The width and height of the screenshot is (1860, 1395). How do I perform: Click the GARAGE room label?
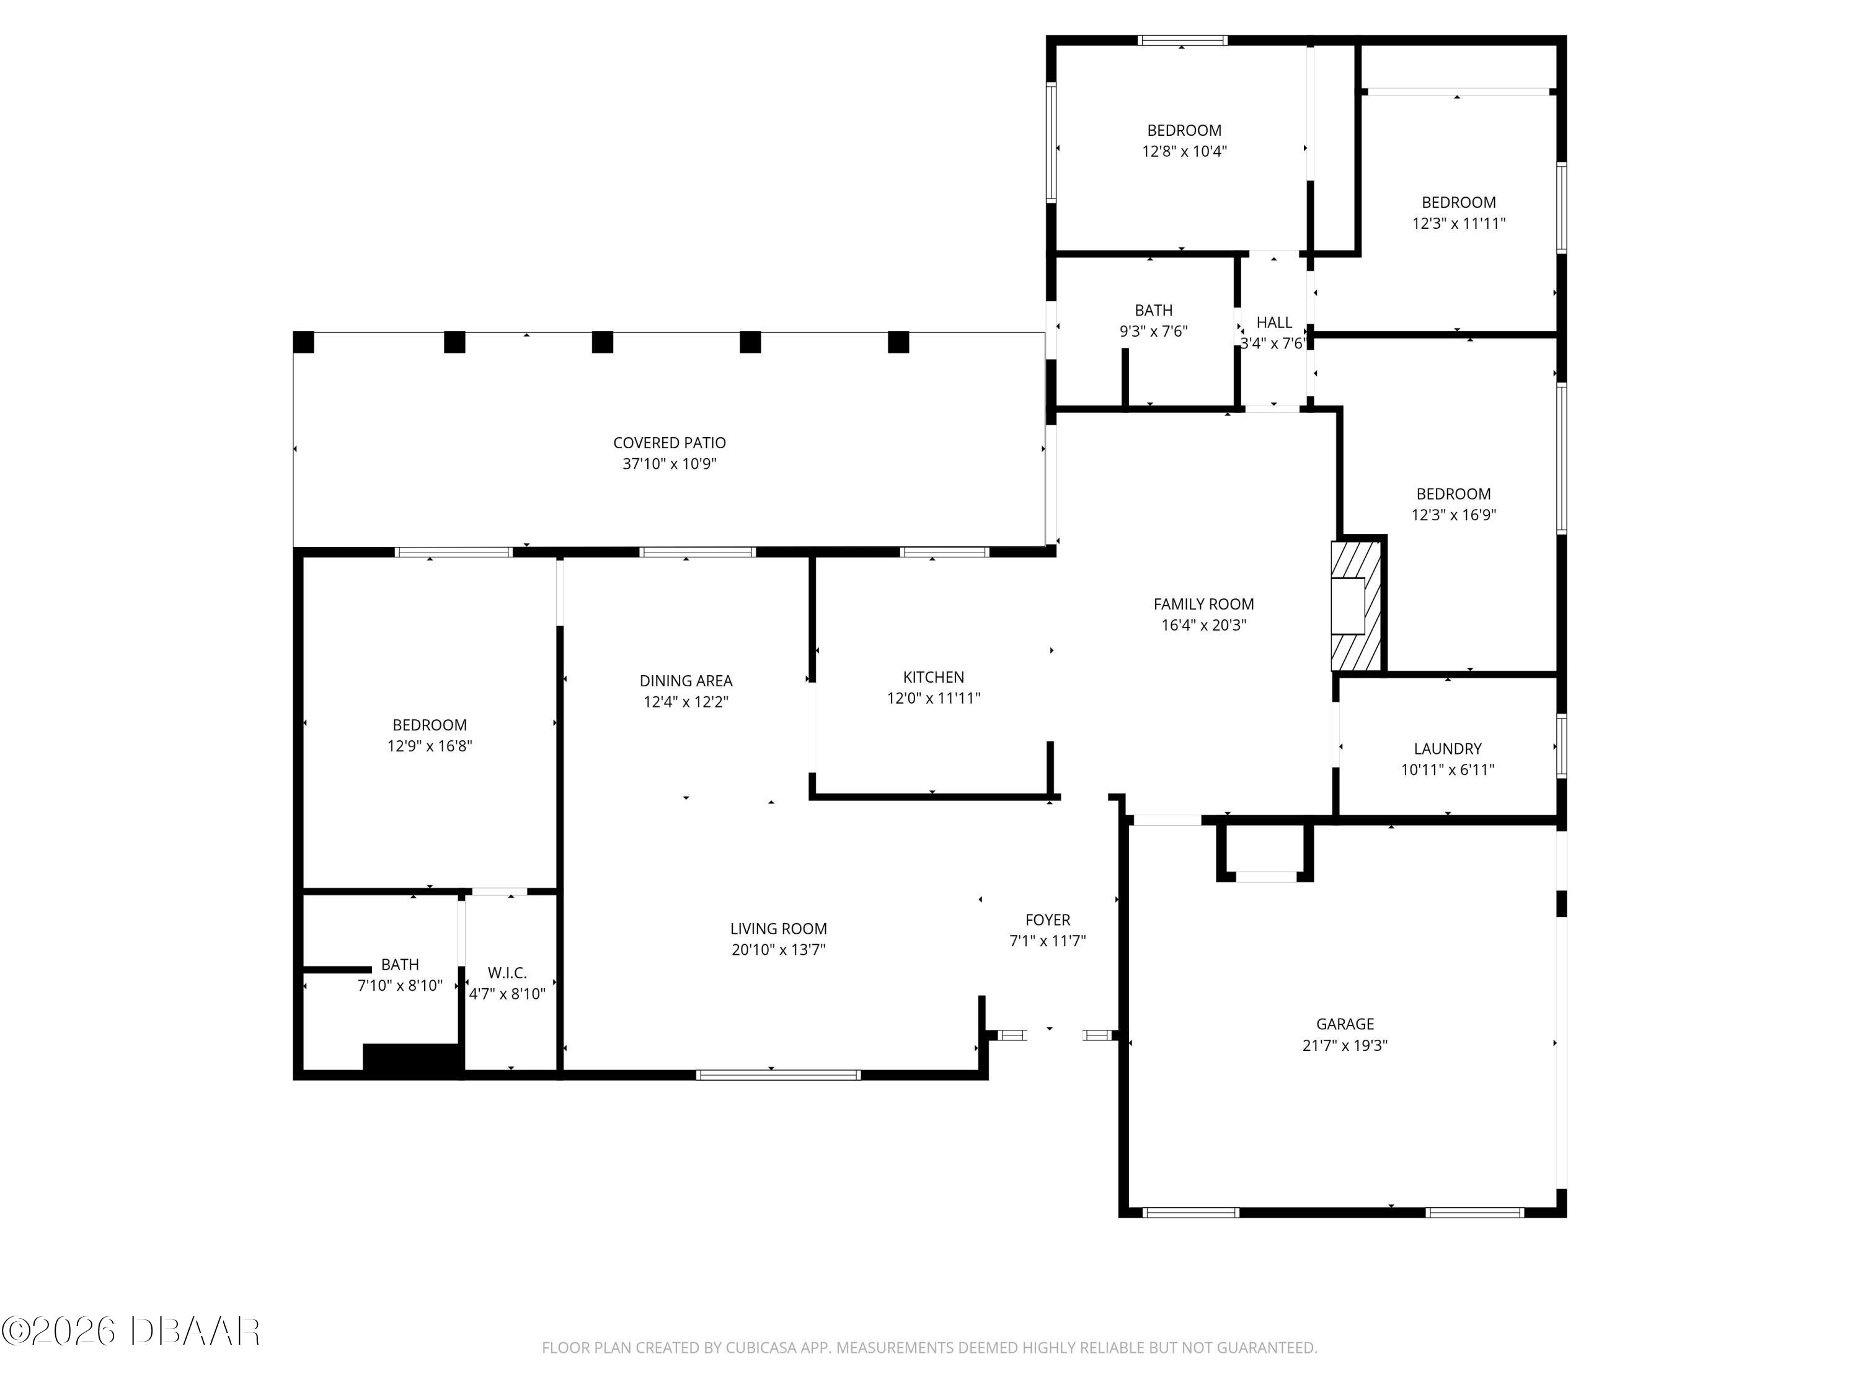1345,1024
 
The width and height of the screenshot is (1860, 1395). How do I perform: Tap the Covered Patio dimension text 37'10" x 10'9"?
670,464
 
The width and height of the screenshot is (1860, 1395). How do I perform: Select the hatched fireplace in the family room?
1357,605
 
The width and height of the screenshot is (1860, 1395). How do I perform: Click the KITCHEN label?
933,677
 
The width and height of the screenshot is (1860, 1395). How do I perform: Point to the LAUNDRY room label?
1447,748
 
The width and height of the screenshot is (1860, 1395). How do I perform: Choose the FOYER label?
1048,920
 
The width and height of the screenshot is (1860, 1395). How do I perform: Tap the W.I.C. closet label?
507,973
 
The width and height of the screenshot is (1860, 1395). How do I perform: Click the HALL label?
1274,322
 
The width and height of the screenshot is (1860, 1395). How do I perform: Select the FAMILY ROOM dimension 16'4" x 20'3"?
1203,625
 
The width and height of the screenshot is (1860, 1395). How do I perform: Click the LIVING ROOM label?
779,928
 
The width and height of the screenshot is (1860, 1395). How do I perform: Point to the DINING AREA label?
686,680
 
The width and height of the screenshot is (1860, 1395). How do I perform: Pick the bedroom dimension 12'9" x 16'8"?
430,746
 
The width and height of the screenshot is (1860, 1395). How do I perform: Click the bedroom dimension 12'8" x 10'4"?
1184,151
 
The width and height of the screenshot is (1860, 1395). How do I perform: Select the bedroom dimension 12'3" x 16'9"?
1454,515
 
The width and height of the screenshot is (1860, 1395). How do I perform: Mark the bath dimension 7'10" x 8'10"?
401,986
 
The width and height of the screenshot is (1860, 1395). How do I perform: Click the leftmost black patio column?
304,342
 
